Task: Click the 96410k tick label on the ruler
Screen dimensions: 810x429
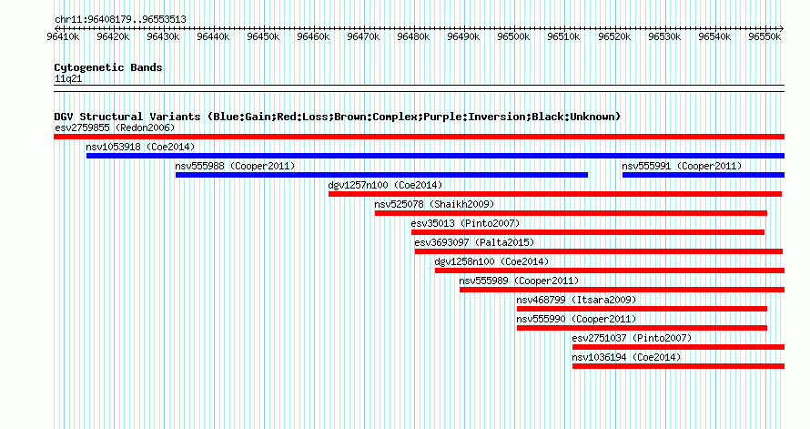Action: (x=63, y=36)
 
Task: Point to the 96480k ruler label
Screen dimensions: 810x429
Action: (x=413, y=36)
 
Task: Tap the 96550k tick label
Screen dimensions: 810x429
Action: (x=764, y=36)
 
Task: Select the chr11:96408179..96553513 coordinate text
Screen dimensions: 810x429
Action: (x=120, y=20)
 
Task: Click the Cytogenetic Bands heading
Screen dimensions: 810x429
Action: (x=108, y=67)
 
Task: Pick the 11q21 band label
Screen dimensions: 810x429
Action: (x=68, y=79)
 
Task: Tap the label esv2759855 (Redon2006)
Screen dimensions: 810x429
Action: (x=115, y=128)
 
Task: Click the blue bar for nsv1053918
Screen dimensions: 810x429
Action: (x=435, y=156)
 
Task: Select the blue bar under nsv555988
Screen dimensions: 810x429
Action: (x=381, y=175)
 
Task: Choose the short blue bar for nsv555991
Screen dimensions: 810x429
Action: (x=704, y=175)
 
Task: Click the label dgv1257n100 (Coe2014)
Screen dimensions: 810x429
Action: (x=385, y=185)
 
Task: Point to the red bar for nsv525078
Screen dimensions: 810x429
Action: (x=571, y=213)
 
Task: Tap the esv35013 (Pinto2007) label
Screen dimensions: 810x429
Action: (x=465, y=223)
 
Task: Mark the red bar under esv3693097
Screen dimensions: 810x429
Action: (x=599, y=251)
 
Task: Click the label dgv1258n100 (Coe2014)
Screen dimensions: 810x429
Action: (x=491, y=261)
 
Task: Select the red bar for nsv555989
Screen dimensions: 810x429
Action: (x=622, y=290)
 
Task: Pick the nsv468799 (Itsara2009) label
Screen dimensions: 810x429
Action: (x=576, y=300)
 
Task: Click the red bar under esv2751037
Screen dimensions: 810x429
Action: (x=678, y=347)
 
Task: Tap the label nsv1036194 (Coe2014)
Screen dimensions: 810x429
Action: (x=627, y=357)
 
